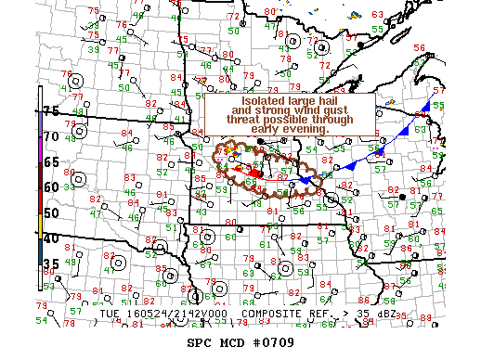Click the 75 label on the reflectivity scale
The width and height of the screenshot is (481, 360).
(x=52, y=110)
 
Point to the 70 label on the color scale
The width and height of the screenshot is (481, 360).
(x=52, y=135)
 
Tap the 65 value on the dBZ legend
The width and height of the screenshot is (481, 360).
(x=52, y=161)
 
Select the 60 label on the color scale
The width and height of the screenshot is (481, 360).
(x=52, y=186)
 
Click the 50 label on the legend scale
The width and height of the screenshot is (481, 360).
(x=52, y=212)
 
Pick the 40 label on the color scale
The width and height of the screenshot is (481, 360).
(x=52, y=238)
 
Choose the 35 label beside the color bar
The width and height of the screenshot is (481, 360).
(x=52, y=264)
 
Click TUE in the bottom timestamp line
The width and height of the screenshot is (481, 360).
(x=110, y=314)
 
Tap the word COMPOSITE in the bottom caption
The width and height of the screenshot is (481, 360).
(x=275, y=314)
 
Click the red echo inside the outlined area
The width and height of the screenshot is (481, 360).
(x=255, y=172)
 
